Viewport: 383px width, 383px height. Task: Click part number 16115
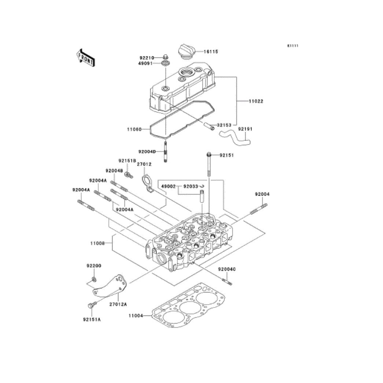[x=211, y=52]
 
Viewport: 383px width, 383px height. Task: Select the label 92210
[x=147, y=58]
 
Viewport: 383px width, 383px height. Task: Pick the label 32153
[x=224, y=125]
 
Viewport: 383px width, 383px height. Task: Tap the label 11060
[x=134, y=129]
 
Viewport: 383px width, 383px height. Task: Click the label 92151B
[x=127, y=161]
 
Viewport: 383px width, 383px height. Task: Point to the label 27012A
[x=118, y=304]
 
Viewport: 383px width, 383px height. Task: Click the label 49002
[x=169, y=186]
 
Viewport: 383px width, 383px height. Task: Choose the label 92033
[x=191, y=186]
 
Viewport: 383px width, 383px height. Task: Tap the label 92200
[x=94, y=265]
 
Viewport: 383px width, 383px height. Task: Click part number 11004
[x=136, y=315]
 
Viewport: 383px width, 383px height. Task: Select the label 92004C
[x=227, y=269]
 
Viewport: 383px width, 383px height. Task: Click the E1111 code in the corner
[x=292, y=46]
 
